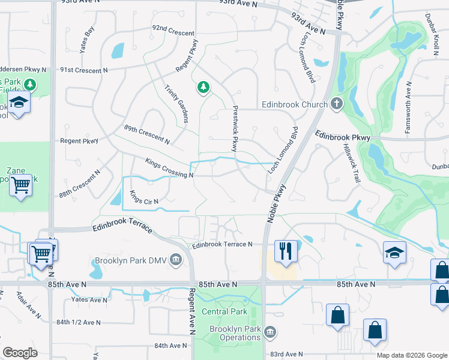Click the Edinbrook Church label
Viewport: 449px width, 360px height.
coord(294,104)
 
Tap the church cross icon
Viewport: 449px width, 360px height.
coord(337,104)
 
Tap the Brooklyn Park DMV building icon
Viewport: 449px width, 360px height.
coord(176,260)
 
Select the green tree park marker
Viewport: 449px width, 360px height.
coord(203,88)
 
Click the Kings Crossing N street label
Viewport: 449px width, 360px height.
coord(169,168)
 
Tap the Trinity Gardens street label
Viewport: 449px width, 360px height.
coord(177,103)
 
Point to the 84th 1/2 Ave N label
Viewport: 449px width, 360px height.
coord(79,322)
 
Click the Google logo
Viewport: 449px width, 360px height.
coord(20,353)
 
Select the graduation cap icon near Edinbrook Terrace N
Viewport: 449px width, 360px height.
coord(395,253)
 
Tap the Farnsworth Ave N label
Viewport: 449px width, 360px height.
coord(408,99)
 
